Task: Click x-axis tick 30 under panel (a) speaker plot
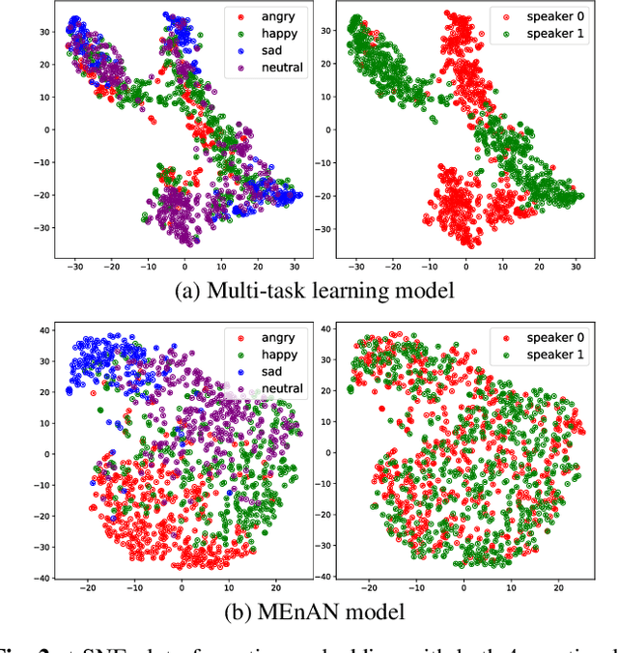point(576,264)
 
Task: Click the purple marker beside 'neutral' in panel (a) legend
point(239,69)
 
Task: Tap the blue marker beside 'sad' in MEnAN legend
point(237,371)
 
